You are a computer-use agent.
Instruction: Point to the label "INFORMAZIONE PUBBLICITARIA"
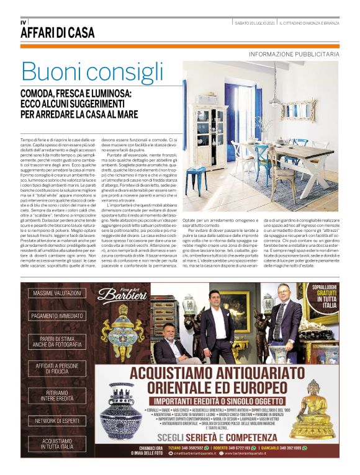294,55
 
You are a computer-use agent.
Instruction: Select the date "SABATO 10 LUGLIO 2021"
255,23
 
